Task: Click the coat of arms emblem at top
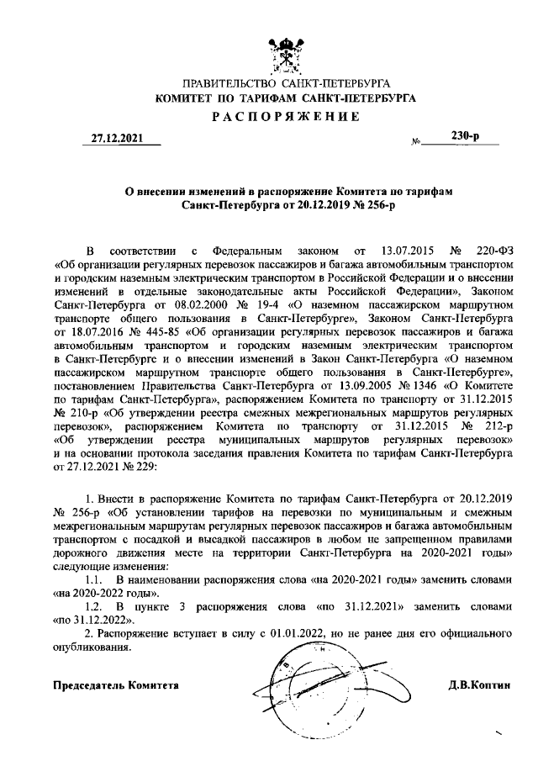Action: [287, 52]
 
